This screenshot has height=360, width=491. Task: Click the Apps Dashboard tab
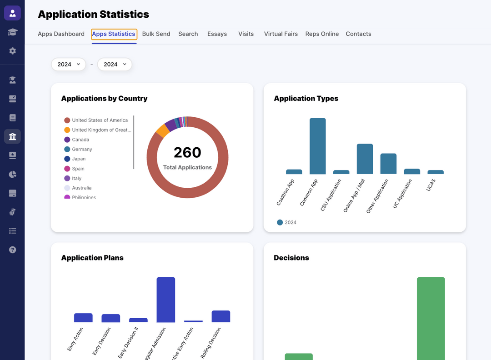tap(61, 34)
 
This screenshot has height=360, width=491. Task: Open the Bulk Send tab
tap(156, 34)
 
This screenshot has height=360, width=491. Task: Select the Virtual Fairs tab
tap(281, 34)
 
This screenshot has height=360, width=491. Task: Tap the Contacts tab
tap(358, 34)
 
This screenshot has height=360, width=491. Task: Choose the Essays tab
tap(217, 34)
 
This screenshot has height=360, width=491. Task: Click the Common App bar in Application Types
tap(317, 146)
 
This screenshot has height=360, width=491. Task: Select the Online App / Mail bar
tap(365, 159)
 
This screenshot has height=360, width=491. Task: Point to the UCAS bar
tap(435, 172)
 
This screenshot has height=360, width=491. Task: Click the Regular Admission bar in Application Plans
tap(165, 300)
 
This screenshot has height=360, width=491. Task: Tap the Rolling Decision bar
tap(220, 316)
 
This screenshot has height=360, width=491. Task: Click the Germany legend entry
tap(82, 150)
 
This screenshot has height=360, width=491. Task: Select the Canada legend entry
tap(80, 140)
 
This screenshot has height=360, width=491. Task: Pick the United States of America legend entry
tap(100, 120)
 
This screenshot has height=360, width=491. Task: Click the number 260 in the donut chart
tap(187, 152)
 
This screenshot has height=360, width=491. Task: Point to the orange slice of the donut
tap(162, 131)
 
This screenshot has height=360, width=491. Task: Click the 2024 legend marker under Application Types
tap(280, 222)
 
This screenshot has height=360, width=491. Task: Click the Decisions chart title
tap(291, 258)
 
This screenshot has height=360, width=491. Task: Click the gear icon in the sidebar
tap(12, 51)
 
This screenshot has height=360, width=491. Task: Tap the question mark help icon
tap(12, 250)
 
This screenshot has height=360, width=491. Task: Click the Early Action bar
tap(83, 318)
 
